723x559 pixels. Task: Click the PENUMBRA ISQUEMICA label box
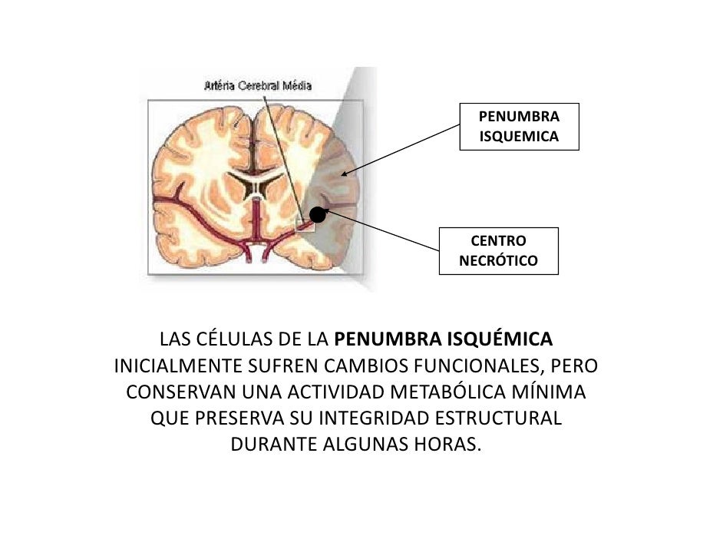tap(519, 127)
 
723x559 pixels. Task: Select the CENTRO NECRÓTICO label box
tap(498, 251)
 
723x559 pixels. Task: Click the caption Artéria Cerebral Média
tap(258, 86)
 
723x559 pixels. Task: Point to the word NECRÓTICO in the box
tap(498, 261)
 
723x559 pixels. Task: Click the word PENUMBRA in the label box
tap(519, 117)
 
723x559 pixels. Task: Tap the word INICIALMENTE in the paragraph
tap(177, 365)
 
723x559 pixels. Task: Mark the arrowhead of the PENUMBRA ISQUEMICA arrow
tap(343, 175)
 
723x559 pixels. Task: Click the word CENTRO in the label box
tap(498, 241)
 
